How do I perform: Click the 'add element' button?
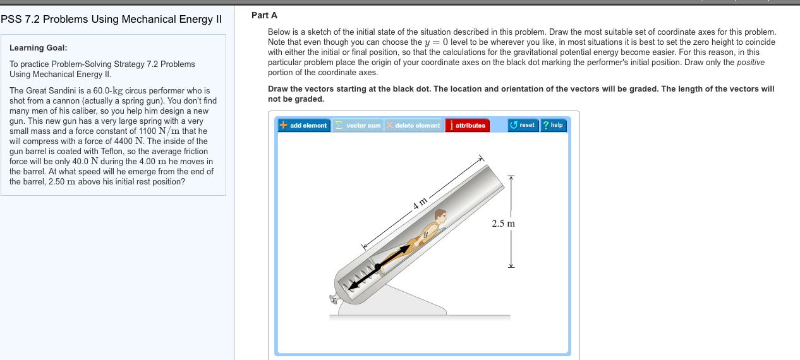pos(304,125)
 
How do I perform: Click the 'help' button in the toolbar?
pos(553,125)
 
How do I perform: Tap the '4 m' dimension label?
pos(420,203)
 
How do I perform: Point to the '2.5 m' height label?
pos(503,224)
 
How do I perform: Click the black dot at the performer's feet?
pos(377,268)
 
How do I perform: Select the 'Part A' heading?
pos(264,15)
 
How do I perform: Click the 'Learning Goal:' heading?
pos(39,48)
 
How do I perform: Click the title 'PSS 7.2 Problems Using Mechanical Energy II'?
pos(111,19)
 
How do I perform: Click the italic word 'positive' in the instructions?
pos(751,63)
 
